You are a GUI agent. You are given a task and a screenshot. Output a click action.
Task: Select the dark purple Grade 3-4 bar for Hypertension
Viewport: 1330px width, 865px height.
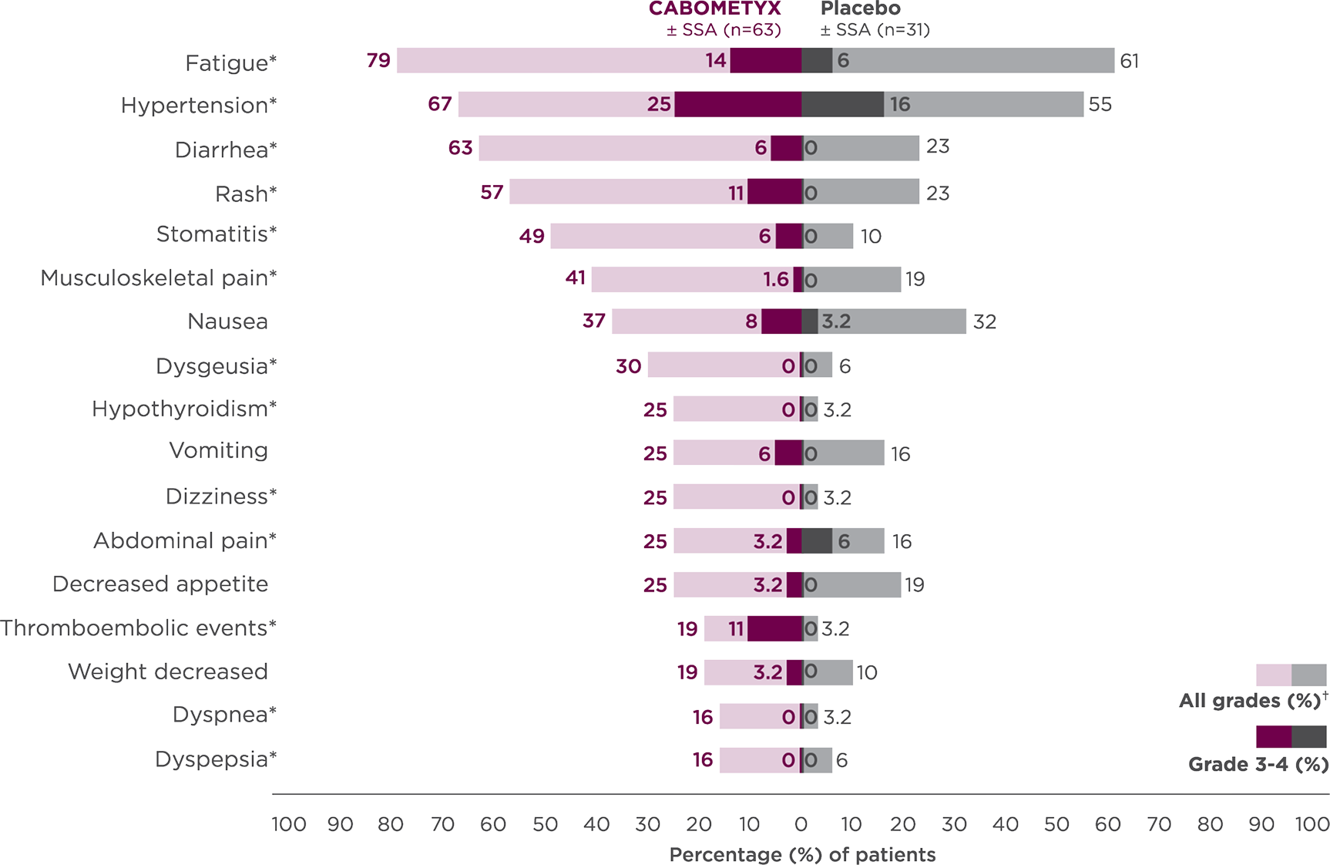point(738,104)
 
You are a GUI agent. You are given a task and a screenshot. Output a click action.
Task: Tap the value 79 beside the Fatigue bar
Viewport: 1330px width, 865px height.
point(378,60)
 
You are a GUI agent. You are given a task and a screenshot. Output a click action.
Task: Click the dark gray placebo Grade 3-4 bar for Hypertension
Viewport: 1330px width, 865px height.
point(842,104)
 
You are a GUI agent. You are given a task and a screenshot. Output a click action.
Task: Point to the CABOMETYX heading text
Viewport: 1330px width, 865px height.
point(714,9)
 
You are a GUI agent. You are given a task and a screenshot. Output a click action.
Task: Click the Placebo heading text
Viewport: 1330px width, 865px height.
point(861,9)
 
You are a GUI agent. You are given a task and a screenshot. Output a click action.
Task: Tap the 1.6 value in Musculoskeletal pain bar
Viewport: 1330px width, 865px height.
point(776,279)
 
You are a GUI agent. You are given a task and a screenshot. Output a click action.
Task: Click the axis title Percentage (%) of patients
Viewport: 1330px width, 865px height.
point(802,854)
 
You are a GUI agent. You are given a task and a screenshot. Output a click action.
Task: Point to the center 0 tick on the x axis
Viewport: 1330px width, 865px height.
point(801,825)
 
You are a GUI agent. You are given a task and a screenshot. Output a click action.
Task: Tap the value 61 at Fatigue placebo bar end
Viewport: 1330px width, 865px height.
point(1129,61)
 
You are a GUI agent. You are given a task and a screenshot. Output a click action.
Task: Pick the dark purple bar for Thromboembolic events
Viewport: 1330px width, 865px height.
point(774,629)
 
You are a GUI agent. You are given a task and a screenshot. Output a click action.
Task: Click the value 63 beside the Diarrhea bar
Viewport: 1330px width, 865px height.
point(460,147)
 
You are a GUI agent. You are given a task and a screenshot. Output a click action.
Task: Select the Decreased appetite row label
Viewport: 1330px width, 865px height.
point(160,584)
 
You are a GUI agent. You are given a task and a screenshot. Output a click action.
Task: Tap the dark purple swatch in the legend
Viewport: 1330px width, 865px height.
point(1272,737)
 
